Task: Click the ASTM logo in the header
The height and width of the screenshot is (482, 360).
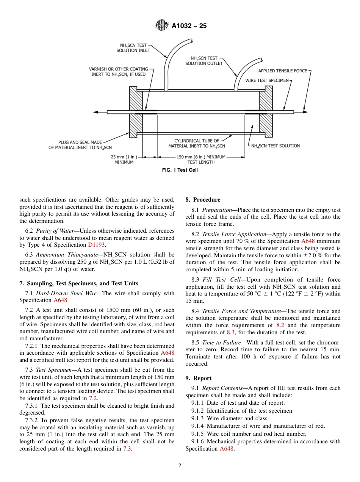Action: [162, 26]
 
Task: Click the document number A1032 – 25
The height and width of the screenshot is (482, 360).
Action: [189, 26]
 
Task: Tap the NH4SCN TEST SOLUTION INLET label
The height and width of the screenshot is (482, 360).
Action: [133, 48]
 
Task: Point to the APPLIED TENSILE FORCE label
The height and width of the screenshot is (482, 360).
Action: [283, 71]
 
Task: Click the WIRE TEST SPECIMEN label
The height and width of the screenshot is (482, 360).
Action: [267, 80]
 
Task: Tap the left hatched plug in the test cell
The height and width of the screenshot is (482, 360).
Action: [136, 112]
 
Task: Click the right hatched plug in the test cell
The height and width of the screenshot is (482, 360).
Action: [266, 112]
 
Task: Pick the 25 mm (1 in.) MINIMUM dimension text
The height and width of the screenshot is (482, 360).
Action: [124, 159]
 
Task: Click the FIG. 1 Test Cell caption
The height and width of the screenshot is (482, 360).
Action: [180, 170]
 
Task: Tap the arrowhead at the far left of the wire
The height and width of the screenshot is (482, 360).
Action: [95, 112]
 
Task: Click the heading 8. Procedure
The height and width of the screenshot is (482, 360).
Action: [202, 200]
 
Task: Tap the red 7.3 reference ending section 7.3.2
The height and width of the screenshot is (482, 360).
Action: [127, 449]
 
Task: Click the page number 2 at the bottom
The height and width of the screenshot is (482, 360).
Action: [180, 466]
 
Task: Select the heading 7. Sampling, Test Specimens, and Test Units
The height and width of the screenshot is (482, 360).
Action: [79, 283]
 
